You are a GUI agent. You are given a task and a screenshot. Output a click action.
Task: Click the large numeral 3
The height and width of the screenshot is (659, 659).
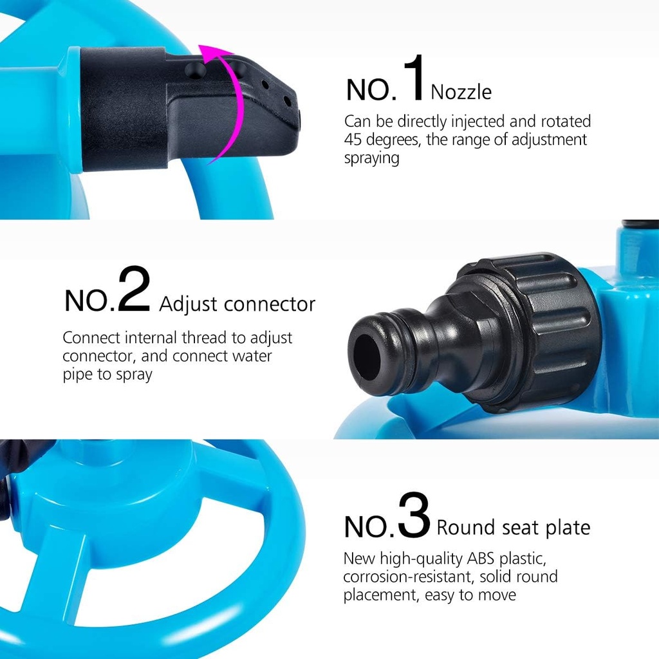click(413, 515)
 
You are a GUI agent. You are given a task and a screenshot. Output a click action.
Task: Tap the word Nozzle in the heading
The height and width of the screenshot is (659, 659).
click(461, 92)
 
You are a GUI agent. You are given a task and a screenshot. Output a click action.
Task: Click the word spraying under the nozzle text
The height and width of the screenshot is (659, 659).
click(371, 158)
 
